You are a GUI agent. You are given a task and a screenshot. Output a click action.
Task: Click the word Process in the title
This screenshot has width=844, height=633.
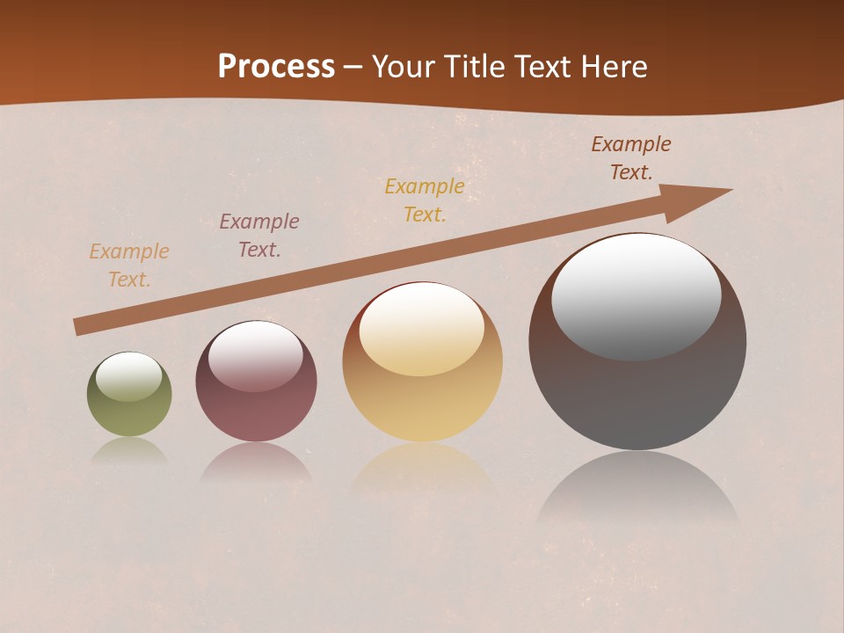tap(276, 67)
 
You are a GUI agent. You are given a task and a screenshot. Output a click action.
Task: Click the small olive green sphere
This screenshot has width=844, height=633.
tap(129, 413)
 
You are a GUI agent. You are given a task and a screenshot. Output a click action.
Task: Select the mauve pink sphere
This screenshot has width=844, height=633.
tap(256, 413)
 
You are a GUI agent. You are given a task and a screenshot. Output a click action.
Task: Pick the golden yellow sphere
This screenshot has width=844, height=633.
tap(422, 404)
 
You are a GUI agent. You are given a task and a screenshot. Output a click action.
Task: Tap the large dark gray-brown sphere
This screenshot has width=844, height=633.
tap(637, 396)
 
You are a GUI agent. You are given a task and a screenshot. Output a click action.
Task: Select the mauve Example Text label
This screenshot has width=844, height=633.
tap(259, 236)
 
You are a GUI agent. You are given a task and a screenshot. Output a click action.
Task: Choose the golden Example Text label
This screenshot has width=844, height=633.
tap(425, 200)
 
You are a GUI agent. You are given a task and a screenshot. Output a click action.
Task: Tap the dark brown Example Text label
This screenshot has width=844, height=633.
tap(631, 158)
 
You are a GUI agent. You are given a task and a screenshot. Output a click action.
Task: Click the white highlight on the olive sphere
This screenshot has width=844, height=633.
tap(129, 376)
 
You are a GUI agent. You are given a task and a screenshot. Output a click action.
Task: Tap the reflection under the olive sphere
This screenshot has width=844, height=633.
tap(129, 450)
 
